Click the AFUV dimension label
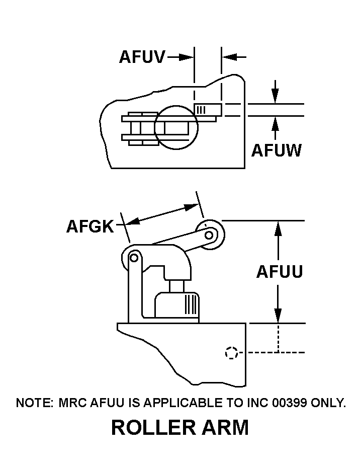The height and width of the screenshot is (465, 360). (x=142, y=57)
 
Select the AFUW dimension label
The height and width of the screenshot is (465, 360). (x=276, y=150)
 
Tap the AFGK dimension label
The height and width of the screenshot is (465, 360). (x=91, y=226)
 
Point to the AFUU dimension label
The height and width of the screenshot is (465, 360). (x=280, y=272)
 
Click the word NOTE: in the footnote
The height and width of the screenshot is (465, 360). (x=34, y=403)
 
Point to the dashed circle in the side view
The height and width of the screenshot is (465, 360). (x=231, y=353)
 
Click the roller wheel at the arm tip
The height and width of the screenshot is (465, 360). (x=210, y=234)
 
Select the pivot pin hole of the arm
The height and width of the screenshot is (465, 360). (x=134, y=258)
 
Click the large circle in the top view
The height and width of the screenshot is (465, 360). (x=176, y=127)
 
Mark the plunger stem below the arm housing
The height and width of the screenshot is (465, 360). (x=176, y=286)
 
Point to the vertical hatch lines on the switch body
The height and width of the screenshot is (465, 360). (x=191, y=304)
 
